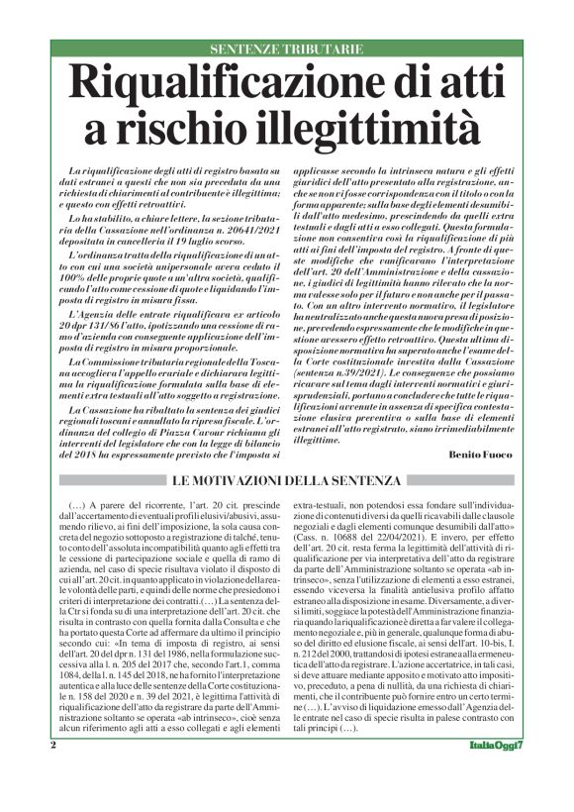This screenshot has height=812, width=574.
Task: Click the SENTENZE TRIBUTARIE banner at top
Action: (x=286, y=50)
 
